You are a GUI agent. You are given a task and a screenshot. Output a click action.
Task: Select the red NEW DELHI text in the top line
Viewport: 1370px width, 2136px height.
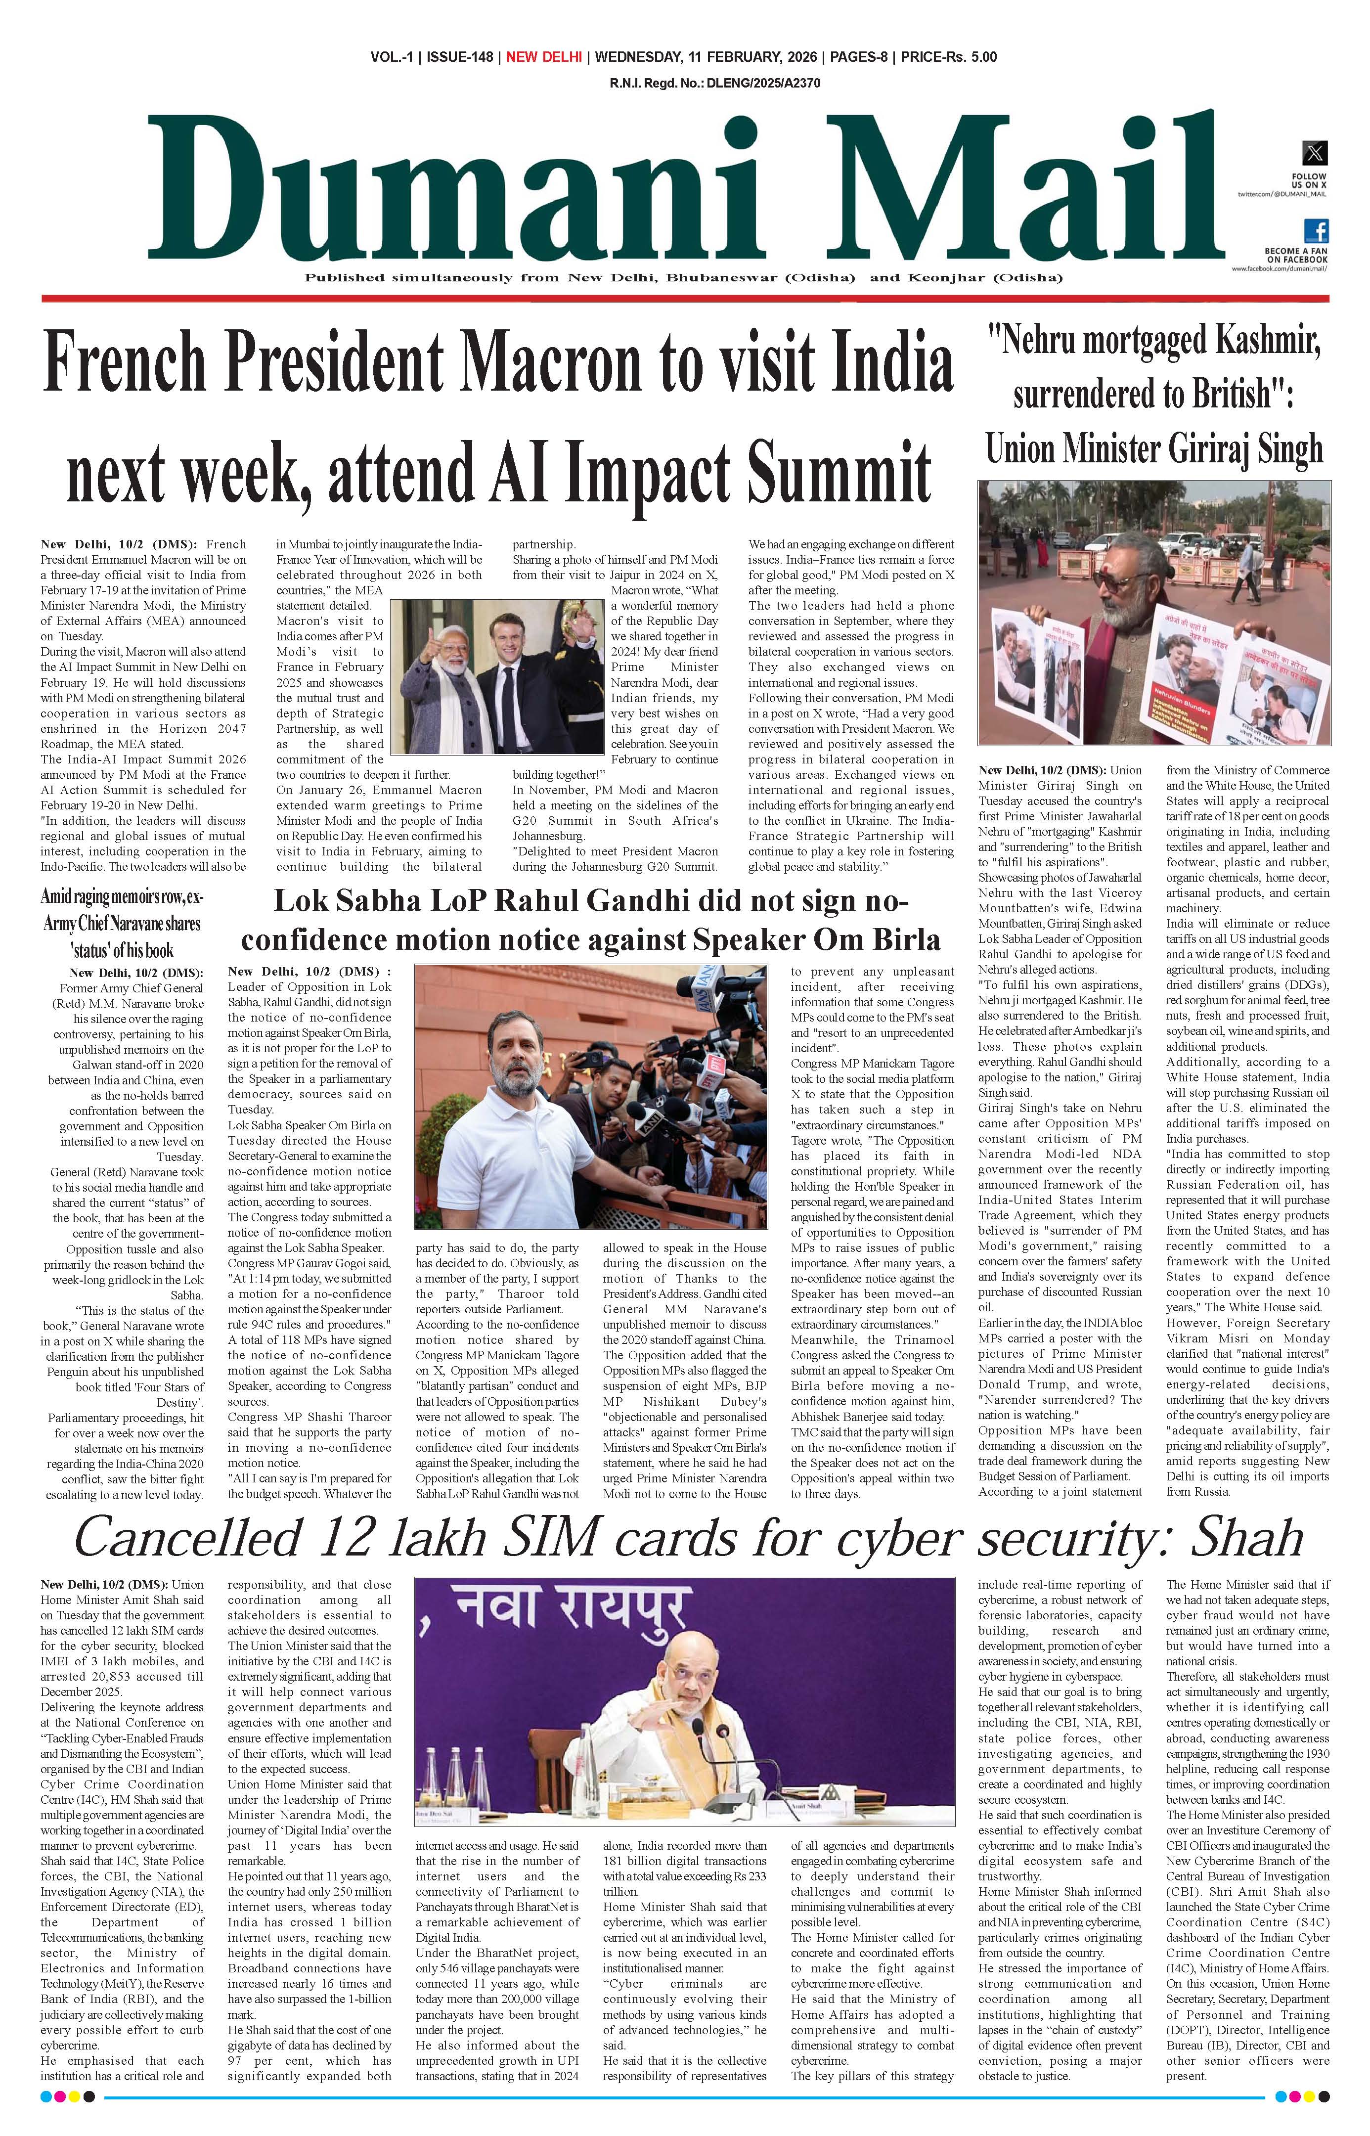[x=543, y=57]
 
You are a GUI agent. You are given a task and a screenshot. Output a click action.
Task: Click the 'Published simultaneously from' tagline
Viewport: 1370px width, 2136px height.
[x=683, y=277]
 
